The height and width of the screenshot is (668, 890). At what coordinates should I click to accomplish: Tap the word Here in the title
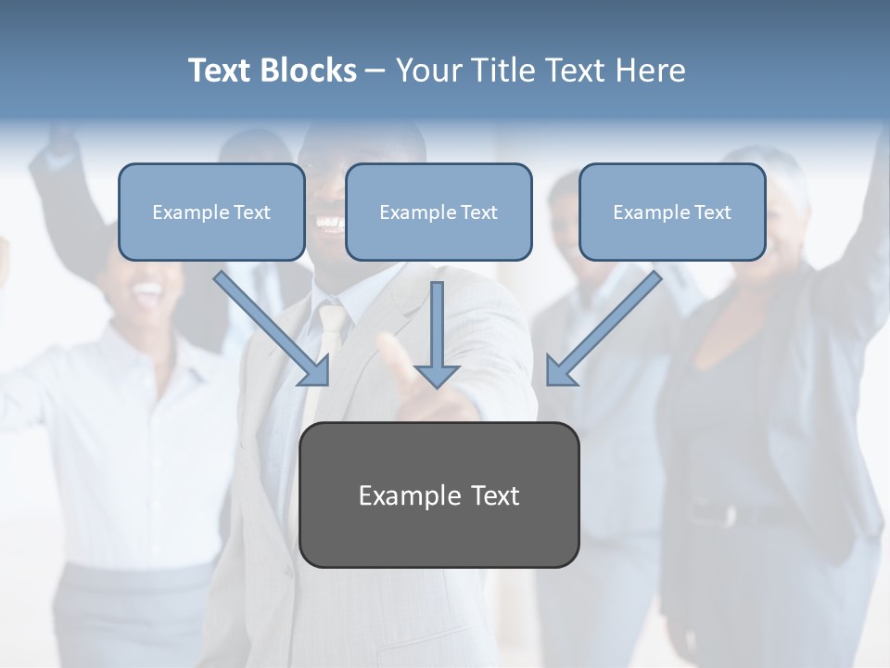[655, 71]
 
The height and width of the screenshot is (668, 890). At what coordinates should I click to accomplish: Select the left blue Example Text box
[211, 212]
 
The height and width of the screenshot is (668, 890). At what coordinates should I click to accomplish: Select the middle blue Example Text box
[439, 212]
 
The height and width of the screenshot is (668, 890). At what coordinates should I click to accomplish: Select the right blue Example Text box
[672, 212]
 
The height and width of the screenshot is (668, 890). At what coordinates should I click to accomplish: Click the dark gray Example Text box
[439, 495]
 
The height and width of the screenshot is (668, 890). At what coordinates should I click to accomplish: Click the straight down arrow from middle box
[437, 334]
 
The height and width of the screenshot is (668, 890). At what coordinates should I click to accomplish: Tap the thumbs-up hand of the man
[408, 380]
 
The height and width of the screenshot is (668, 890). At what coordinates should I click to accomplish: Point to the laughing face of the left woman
[148, 288]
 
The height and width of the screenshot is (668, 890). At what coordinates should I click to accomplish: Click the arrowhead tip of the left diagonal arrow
[326, 382]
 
